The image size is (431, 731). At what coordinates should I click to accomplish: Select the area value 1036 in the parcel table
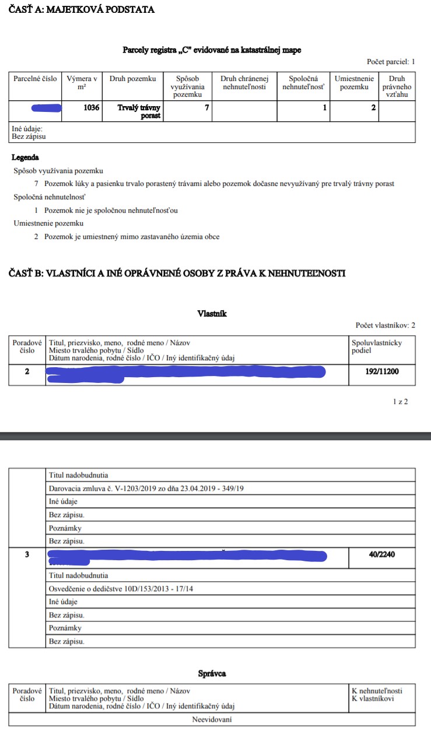pos(92,108)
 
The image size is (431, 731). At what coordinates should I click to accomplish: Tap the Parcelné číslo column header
pos(35,79)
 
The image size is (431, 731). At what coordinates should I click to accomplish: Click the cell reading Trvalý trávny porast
pos(139,111)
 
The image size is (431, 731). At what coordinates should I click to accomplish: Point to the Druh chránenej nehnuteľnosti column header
pos(244,83)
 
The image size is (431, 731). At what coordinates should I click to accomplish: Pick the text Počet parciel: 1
pos(391,61)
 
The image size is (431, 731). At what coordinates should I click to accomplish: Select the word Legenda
pos(26,157)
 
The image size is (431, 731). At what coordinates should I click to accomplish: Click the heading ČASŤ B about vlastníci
pos(177,273)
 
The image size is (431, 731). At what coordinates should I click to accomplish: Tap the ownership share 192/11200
pos(382,370)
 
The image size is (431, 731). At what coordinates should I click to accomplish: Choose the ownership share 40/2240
pos(382,554)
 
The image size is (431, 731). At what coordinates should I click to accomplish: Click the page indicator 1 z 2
pos(400,402)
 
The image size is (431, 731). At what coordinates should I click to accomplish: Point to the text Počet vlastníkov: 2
pos(386,325)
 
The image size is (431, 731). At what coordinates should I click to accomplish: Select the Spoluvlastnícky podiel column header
pos(377,347)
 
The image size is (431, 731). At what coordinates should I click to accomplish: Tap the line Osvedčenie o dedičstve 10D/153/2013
pos(121,589)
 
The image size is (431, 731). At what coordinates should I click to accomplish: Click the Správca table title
pos(212,673)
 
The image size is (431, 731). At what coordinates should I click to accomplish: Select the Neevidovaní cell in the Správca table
pos(212,719)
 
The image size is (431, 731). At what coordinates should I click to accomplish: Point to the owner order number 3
pos(27,554)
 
